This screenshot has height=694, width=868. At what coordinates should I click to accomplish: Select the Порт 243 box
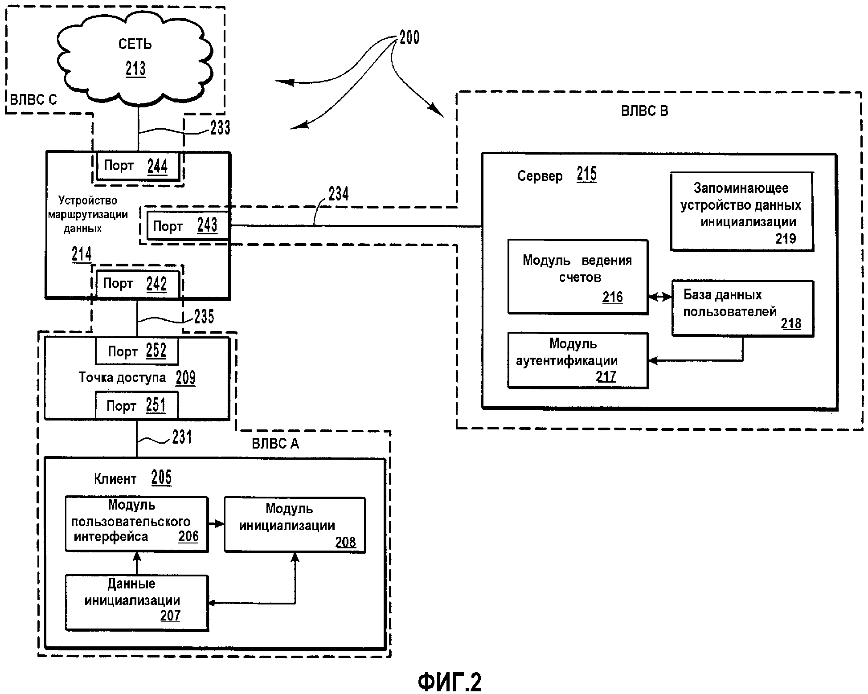[188, 226]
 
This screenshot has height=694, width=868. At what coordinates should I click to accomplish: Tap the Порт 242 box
[137, 284]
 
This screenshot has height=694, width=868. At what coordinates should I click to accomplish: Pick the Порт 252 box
[137, 351]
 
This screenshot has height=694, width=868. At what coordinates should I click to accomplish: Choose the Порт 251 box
[136, 405]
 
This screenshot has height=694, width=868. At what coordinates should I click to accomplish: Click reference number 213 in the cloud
[135, 69]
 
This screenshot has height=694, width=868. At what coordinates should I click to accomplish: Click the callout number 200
[409, 37]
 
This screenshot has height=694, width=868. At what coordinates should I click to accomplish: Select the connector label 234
[339, 194]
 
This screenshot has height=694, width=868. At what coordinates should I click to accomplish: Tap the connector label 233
[220, 128]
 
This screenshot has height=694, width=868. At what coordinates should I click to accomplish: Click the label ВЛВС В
[644, 111]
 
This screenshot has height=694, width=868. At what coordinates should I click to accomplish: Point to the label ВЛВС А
[275, 444]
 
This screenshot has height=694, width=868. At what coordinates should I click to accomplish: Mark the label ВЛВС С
[33, 99]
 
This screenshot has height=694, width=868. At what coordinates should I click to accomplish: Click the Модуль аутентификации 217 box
[578, 360]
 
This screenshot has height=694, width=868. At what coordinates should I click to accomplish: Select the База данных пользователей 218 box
[742, 308]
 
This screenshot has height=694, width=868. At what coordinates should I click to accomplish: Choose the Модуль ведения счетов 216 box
[578, 277]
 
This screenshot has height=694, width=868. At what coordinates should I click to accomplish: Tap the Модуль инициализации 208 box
[295, 525]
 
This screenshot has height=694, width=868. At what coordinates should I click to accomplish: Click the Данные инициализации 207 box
[137, 603]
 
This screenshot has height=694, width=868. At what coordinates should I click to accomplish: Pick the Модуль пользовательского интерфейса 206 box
[137, 524]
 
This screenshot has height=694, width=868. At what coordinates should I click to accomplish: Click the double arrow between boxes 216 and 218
[660, 297]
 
